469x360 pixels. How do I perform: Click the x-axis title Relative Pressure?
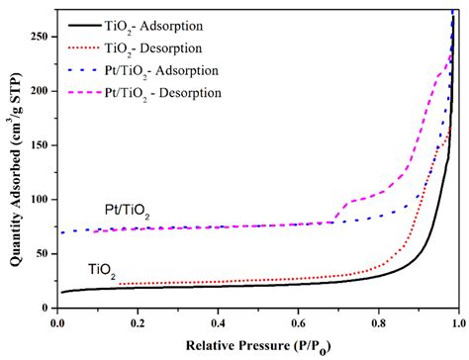click(257, 347)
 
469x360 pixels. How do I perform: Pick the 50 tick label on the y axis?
click(43, 253)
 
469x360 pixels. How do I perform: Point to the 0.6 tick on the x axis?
click(298, 321)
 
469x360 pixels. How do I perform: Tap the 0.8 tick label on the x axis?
click(378, 321)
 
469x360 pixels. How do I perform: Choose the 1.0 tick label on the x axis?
click(456, 321)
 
